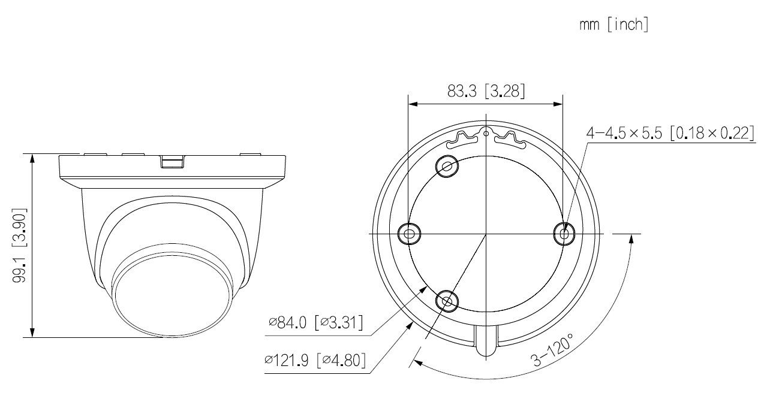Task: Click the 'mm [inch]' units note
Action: [x=613, y=25]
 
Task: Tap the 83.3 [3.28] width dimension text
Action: [x=486, y=91]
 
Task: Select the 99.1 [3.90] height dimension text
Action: [x=19, y=245]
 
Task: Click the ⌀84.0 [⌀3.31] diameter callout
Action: [x=315, y=323]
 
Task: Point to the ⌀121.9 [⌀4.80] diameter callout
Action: [x=315, y=360]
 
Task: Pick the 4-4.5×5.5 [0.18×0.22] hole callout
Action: [x=670, y=133]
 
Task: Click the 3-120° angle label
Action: [x=552, y=349]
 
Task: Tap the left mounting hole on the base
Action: [x=409, y=234]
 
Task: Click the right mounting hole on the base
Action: [x=564, y=234]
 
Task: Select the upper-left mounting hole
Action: [x=447, y=167]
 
